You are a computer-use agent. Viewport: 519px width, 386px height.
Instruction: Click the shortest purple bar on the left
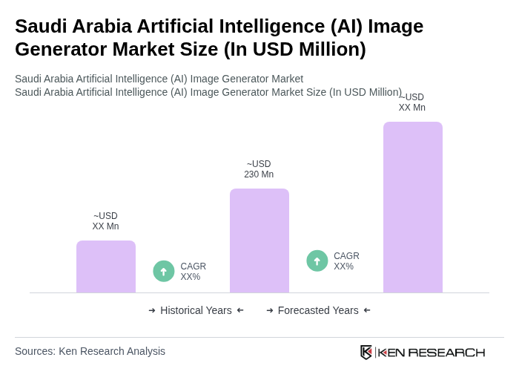106,266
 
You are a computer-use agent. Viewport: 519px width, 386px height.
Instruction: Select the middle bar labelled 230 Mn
259,241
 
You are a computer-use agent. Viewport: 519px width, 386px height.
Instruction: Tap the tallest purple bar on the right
412,207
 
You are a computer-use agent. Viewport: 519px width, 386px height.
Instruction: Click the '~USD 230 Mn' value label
259,169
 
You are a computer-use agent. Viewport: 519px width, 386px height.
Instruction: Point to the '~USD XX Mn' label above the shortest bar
105,221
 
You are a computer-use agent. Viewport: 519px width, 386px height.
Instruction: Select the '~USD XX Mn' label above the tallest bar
412,102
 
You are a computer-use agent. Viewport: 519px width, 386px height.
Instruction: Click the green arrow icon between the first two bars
164,272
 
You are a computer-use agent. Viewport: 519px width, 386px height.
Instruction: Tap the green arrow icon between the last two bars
317,261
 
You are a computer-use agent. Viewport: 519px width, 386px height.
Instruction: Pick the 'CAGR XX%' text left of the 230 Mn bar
193,272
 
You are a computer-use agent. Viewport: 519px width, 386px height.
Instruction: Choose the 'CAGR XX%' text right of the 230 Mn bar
346,261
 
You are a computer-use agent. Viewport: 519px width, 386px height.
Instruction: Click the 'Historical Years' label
196,310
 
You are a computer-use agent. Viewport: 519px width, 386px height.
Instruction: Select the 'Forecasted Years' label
318,310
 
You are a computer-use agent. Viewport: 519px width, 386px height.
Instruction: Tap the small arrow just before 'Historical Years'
152,310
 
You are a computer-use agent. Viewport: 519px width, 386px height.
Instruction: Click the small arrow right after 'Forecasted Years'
367,310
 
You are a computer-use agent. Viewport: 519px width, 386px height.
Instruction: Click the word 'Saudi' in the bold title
42,26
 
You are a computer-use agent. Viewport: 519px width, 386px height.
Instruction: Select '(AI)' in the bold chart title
345,26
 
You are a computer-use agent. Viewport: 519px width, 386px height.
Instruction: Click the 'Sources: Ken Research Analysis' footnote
90,351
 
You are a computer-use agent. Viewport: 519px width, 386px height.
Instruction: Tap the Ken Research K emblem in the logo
366,352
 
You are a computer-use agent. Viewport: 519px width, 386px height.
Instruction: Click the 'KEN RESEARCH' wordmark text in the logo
432,352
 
